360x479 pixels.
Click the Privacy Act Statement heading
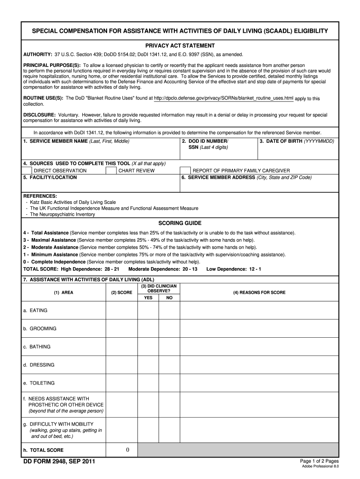(x=180, y=46)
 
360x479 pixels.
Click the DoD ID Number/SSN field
(x=218, y=153)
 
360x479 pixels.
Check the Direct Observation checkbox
(x=27, y=171)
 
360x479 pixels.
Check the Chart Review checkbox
(x=111, y=171)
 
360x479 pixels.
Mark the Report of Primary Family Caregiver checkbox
(x=185, y=171)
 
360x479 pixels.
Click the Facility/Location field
(x=101, y=186)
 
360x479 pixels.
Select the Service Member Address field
(x=259, y=186)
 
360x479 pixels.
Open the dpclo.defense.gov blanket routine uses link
(x=223, y=98)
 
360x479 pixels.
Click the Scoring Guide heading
(x=180, y=224)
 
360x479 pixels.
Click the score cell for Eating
(x=121, y=310)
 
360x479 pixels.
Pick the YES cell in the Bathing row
(x=148, y=347)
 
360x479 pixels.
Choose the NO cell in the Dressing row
(x=169, y=365)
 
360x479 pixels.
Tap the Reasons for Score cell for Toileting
(x=259, y=383)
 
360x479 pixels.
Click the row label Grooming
(x=43, y=328)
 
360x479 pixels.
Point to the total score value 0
(x=127, y=450)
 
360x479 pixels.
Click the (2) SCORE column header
(x=121, y=292)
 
